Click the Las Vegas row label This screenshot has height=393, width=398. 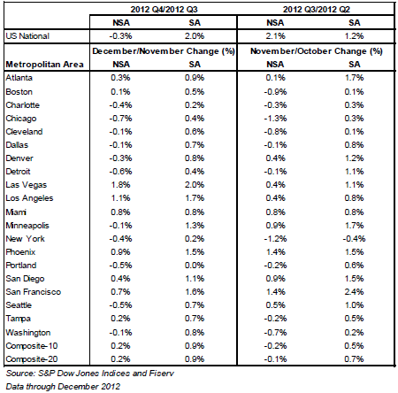pos(27,185)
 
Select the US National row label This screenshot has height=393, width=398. pos(27,36)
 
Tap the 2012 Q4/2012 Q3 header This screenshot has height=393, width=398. pos(164,10)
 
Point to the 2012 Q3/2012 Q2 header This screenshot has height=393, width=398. pos(317,10)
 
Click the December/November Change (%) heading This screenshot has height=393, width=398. pos(164,51)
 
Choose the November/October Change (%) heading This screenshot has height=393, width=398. pos(317,51)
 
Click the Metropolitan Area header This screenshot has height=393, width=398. pos(44,65)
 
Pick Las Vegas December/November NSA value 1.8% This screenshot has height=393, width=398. pos(120,185)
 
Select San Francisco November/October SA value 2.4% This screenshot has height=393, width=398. pos(354,292)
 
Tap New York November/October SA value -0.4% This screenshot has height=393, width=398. pos(354,239)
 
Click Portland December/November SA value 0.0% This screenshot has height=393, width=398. pos(195,266)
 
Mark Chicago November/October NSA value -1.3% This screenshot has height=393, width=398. pos(275,119)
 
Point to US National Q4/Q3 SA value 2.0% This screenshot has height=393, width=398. pos(195,36)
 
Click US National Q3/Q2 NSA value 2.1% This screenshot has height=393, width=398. pos(275,36)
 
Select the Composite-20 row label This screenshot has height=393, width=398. pos(32,359)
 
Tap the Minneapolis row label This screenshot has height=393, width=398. pos(27,226)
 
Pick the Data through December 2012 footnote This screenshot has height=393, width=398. pos(63,387)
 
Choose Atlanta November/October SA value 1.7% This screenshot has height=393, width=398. pos(354,78)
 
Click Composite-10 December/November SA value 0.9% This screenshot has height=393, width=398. pos(195,346)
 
